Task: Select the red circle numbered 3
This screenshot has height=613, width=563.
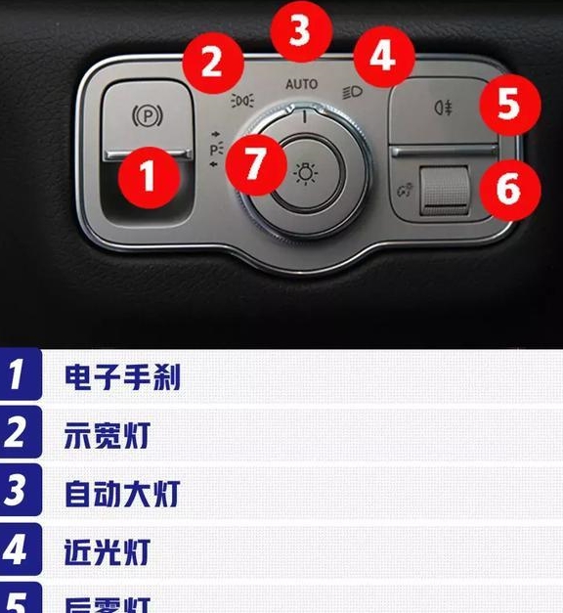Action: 300,30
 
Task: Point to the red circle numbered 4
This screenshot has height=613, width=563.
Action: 382,56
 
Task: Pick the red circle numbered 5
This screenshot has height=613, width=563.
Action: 506,104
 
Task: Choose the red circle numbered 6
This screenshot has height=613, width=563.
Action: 508,188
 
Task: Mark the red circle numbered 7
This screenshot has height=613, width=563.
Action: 255,162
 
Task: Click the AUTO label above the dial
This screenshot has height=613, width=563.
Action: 301,84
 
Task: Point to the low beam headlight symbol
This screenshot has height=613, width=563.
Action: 354,94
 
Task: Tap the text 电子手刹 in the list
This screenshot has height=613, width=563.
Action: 123,377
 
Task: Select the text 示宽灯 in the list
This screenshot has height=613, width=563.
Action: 108,435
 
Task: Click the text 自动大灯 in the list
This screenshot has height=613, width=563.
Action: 122,493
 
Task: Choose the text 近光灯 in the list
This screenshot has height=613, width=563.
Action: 108,550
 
